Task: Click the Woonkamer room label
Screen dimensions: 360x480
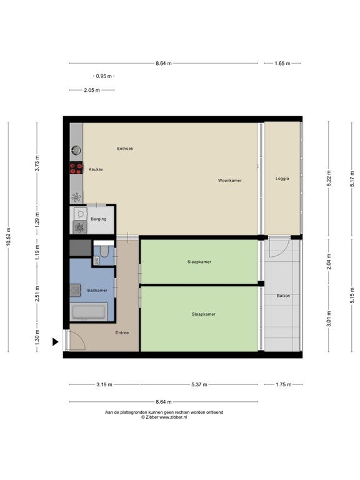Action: point(229,181)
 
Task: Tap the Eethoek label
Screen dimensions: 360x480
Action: point(125,149)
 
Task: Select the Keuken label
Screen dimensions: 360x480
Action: point(96,169)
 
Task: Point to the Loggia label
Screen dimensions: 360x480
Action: point(282,179)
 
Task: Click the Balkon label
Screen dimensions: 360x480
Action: point(283,296)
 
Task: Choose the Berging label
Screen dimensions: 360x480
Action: point(99,219)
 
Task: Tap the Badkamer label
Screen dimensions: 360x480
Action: point(97,290)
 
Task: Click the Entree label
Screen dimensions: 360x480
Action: point(122,332)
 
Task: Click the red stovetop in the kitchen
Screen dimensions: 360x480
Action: point(76,167)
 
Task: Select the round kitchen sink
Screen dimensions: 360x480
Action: point(76,150)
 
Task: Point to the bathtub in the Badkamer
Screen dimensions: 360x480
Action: point(89,312)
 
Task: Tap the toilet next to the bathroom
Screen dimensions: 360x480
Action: point(104,251)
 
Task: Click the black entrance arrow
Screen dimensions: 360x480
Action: point(56,342)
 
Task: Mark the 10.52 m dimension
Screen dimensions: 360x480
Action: point(9,237)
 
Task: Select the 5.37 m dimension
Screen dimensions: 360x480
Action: point(199,384)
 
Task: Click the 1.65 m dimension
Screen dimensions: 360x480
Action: point(282,63)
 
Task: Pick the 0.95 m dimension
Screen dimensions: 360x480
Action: point(104,76)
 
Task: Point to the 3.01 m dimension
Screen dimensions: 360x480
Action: point(329,319)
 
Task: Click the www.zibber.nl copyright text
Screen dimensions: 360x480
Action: point(164,417)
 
